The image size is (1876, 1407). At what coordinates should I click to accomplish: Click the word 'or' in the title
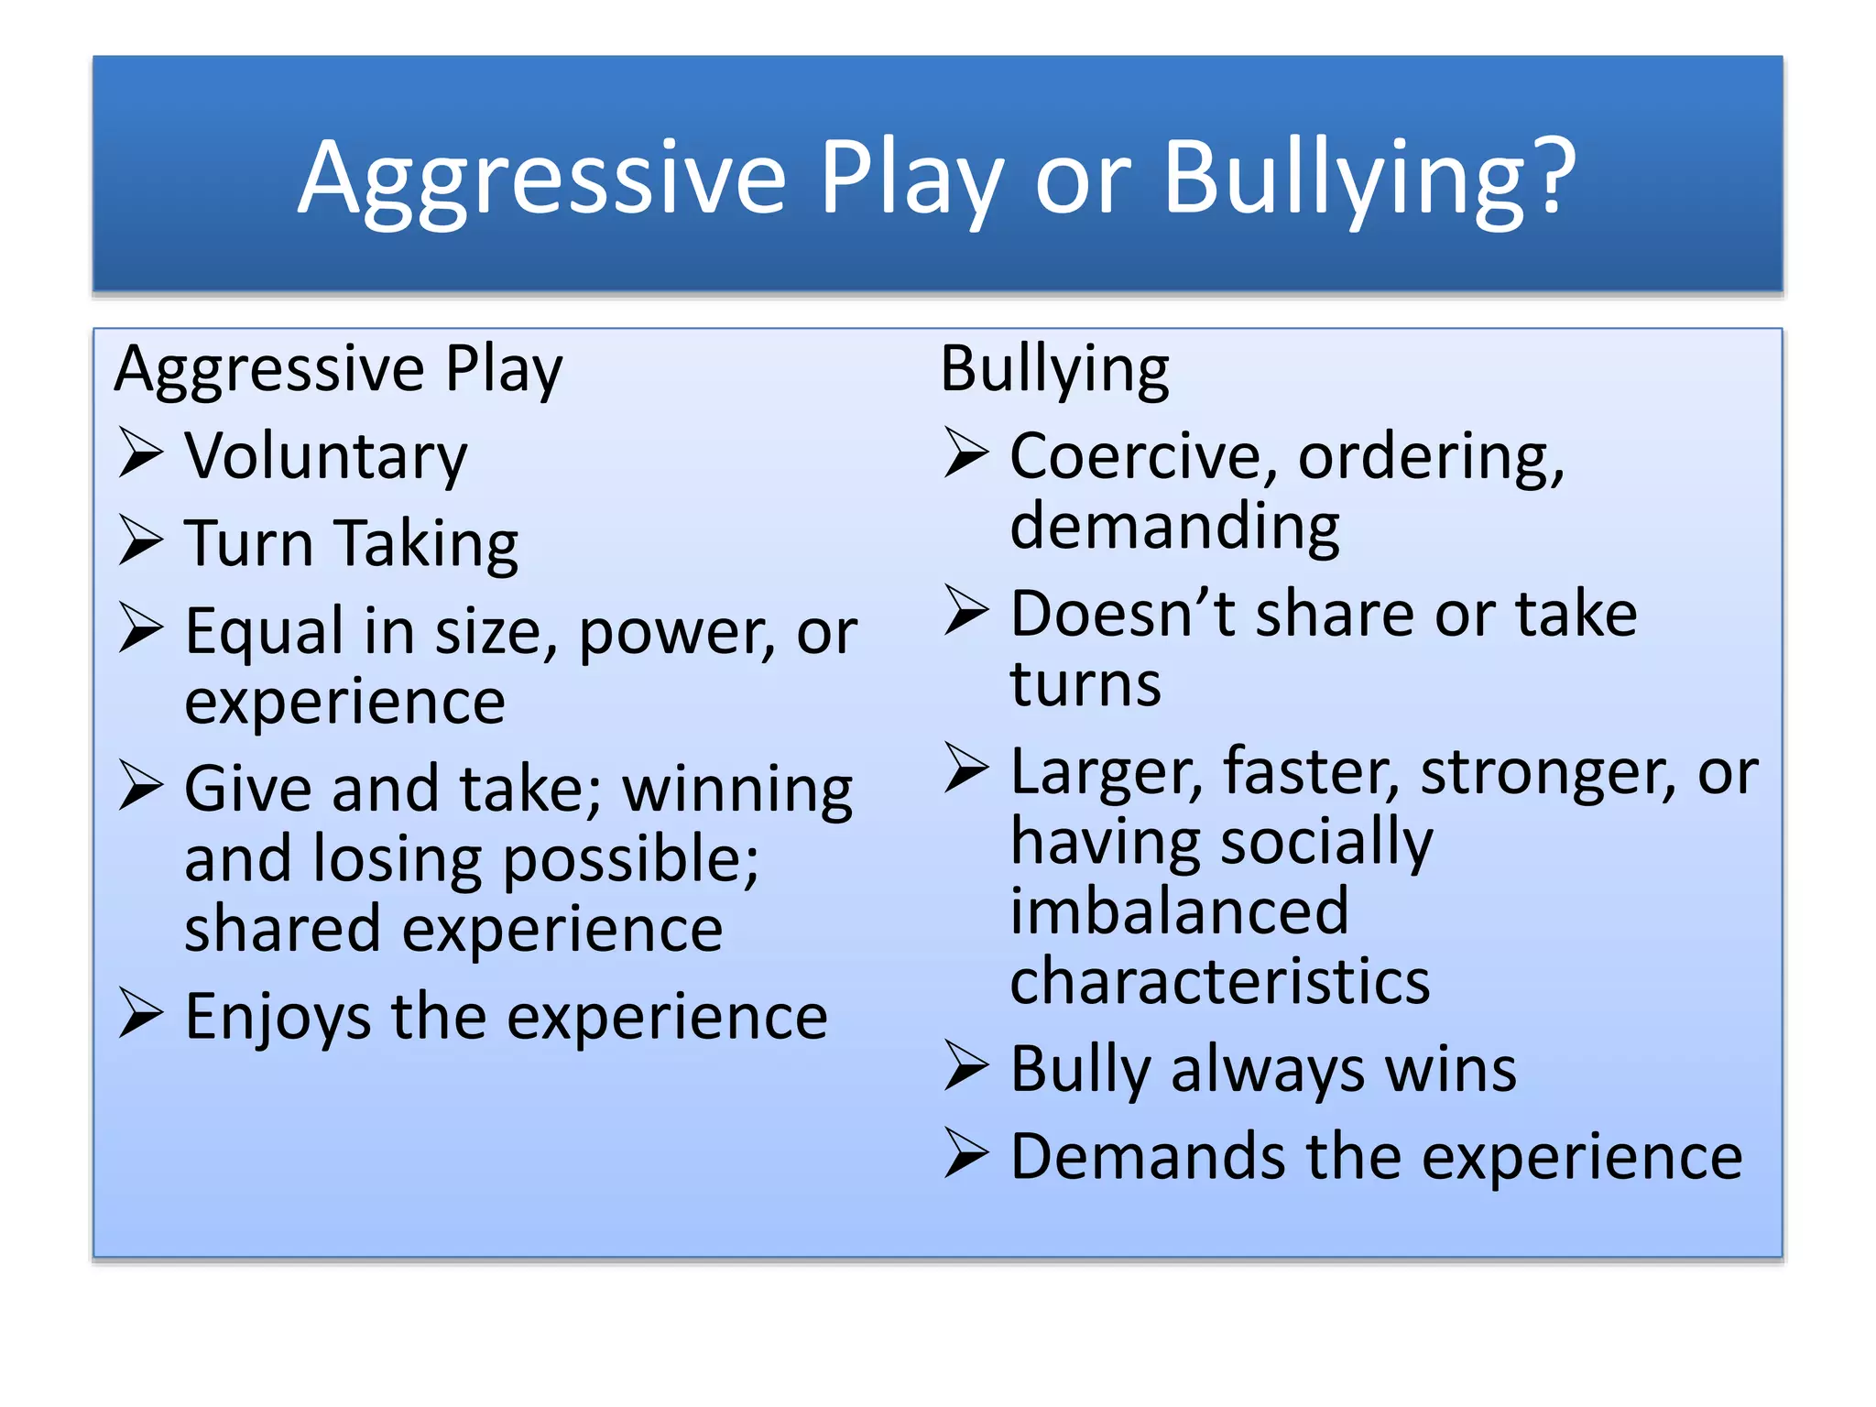[x=1083, y=179]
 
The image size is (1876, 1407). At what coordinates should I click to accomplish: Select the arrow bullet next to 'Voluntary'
[x=140, y=453]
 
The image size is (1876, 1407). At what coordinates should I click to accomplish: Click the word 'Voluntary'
[x=325, y=455]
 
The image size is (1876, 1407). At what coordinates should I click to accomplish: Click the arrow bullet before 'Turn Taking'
[x=140, y=540]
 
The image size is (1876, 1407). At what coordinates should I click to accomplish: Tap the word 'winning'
[x=737, y=789]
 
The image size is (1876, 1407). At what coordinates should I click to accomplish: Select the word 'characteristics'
[x=1219, y=981]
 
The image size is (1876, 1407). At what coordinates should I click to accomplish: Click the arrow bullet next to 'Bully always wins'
[x=966, y=1066]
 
